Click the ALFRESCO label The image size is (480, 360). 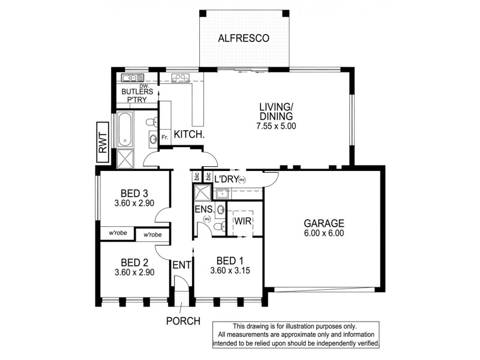tap(244, 39)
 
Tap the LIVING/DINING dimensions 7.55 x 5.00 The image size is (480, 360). tap(275, 127)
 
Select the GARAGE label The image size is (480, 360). tap(323, 223)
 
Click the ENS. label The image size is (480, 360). tap(203, 209)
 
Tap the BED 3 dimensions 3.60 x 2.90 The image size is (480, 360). tap(134, 203)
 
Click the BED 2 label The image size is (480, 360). tap(134, 262)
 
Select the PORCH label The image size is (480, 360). tap(183, 321)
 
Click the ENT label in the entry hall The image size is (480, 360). tap(182, 265)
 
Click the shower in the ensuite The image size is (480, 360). tap(201, 193)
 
